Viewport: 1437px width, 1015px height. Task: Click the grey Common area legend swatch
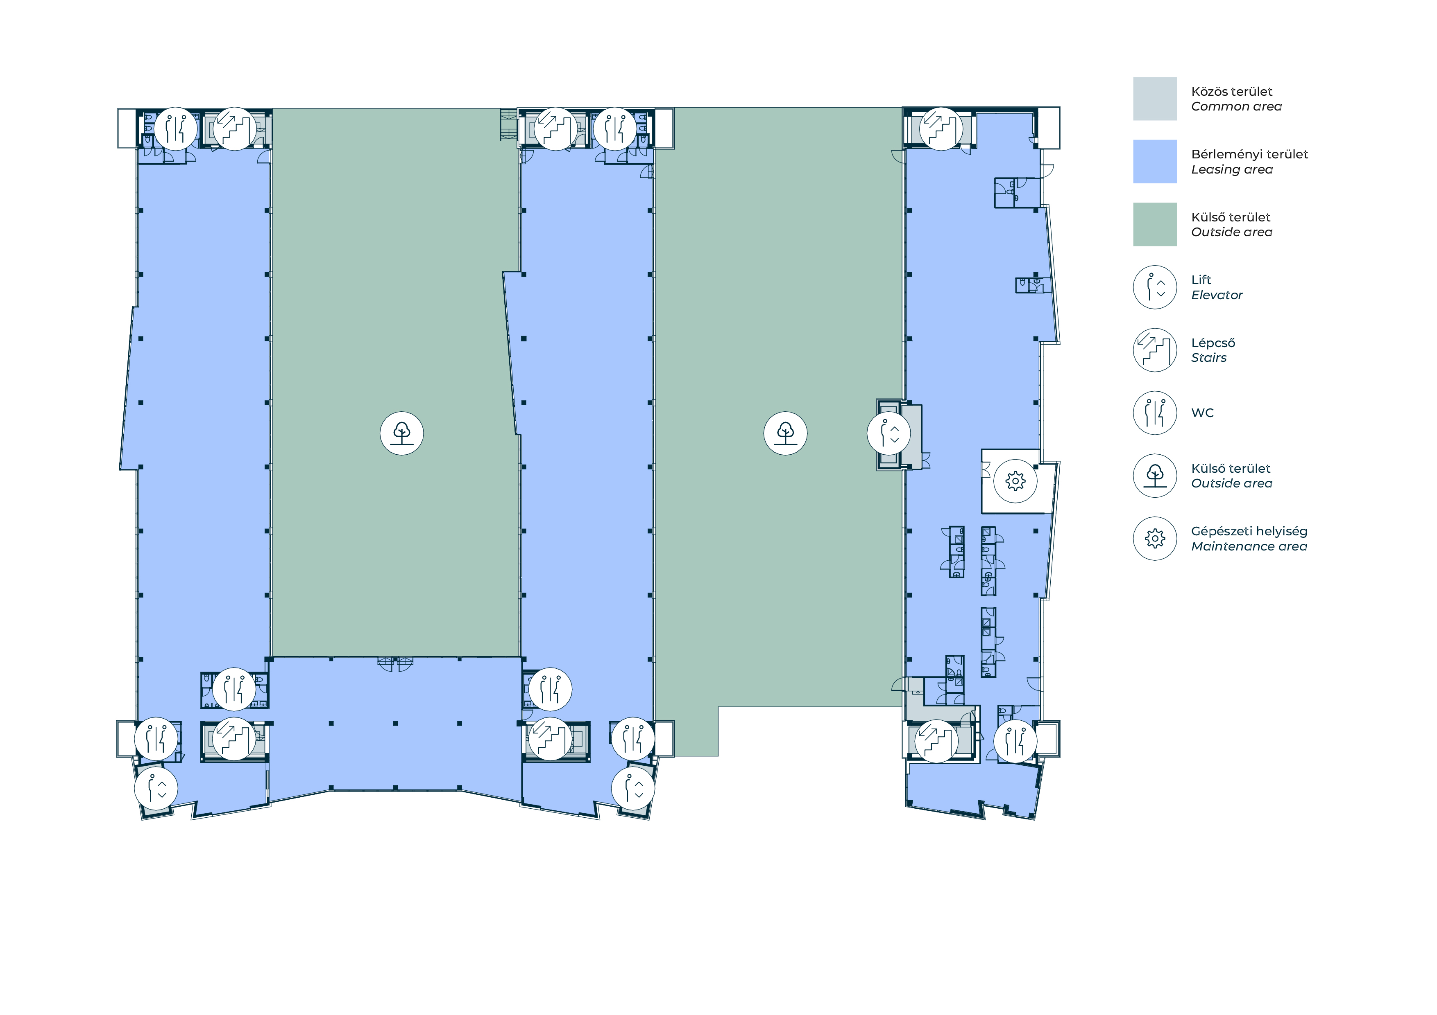(1155, 99)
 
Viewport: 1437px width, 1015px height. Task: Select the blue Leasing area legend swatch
(1155, 161)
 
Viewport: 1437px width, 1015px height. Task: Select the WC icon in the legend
(1155, 413)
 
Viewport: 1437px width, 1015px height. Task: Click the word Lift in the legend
(1201, 280)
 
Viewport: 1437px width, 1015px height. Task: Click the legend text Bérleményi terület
(1250, 154)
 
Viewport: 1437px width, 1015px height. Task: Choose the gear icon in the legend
(1155, 539)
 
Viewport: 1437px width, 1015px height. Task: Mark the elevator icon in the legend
(1155, 287)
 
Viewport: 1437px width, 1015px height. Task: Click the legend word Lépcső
(1213, 343)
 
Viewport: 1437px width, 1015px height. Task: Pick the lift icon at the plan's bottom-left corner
(156, 789)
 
